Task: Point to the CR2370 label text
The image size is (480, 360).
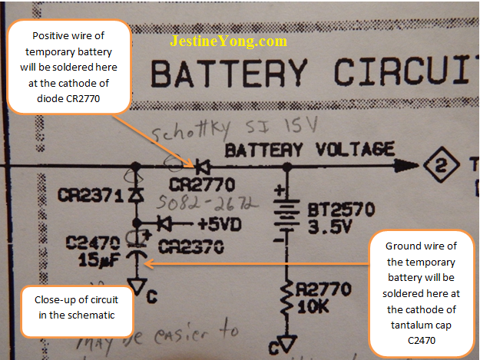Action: [x=192, y=246]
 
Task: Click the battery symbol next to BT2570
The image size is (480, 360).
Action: [x=286, y=216]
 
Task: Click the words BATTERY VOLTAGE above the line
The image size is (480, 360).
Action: [x=309, y=149]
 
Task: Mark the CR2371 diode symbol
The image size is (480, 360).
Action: [x=136, y=195]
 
